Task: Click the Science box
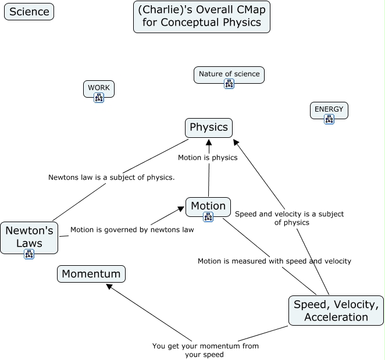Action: [29, 12]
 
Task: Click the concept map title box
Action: [202, 17]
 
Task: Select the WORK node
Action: [99, 88]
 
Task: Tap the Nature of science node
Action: [229, 74]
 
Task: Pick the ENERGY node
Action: [329, 109]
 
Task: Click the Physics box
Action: [209, 127]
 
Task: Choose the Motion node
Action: [208, 206]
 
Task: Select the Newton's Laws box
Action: [29, 237]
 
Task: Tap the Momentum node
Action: [91, 274]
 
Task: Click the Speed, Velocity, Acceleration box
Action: [336, 311]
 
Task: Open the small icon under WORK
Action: [99, 98]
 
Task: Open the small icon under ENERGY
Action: [329, 119]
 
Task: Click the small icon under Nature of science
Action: [229, 84]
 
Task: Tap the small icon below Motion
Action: [208, 217]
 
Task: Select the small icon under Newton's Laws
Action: [29, 254]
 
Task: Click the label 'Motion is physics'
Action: [208, 158]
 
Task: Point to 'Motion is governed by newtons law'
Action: [132, 230]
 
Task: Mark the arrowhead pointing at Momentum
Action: [108, 286]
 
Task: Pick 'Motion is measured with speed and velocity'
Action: [275, 261]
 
